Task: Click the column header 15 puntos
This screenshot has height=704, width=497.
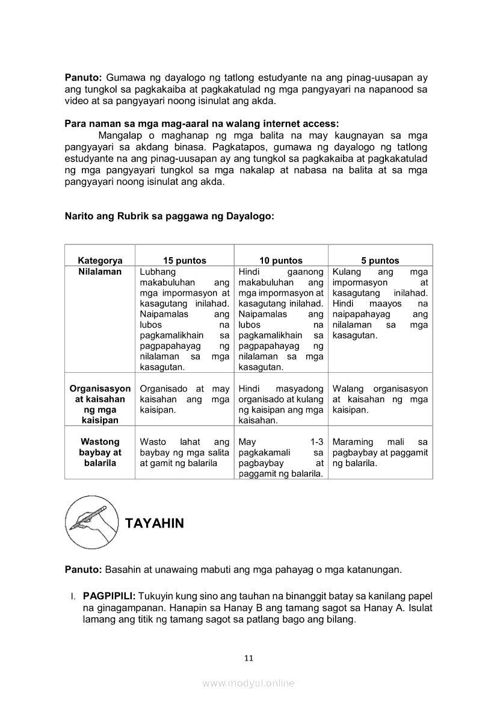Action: click(184, 261)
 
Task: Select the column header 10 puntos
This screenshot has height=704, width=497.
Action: click(281, 261)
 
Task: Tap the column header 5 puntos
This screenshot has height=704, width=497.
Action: click(380, 261)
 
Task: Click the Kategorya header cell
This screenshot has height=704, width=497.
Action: click(100, 261)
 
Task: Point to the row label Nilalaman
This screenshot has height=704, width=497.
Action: click(100, 272)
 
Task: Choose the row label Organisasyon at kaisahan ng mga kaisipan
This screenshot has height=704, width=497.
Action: click(100, 405)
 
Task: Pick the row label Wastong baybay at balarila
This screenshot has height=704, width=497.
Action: click(100, 452)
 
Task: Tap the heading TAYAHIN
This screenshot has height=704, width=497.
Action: click(155, 523)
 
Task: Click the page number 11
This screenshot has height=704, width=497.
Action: click(248, 658)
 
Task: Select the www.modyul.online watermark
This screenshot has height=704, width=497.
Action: click(248, 683)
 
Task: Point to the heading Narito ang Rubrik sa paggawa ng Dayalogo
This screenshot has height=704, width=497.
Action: click(169, 216)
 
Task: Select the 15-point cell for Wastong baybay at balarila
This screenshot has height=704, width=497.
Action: click(184, 453)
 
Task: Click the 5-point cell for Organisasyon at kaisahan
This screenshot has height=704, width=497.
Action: click(380, 399)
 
